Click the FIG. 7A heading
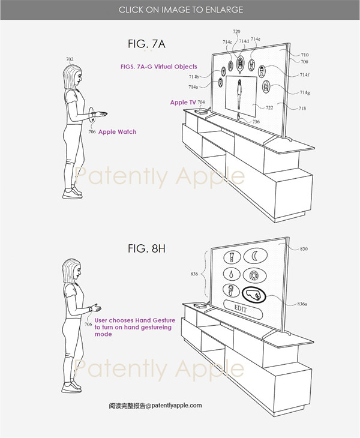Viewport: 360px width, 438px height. click(x=146, y=44)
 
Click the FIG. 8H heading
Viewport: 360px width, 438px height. click(x=146, y=248)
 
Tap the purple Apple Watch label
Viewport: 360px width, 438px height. click(x=118, y=132)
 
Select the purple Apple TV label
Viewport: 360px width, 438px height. click(x=183, y=103)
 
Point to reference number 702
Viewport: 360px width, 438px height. click(x=70, y=59)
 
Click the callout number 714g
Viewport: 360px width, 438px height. click(x=305, y=92)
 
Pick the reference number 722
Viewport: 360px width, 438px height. click(x=269, y=107)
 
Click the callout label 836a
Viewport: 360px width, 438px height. click(x=302, y=304)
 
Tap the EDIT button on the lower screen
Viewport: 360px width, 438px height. click(x=243, y=310)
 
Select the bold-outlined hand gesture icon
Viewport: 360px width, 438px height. click(x=254, y=295)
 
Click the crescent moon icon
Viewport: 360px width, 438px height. click(x=255, y=256)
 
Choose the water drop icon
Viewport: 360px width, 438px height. click(x=232, y=274)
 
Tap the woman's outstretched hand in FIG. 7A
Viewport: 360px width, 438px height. click(x=101, y=113)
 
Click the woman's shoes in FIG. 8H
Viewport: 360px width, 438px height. click(x=72, y=387)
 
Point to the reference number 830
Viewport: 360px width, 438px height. click(x=304, y=249)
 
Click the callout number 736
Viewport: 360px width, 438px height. click(x=256, y=122)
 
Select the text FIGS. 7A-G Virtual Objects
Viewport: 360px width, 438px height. click(x=158, y=67)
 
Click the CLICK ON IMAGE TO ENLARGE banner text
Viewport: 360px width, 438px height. click(x=181, y=10)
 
